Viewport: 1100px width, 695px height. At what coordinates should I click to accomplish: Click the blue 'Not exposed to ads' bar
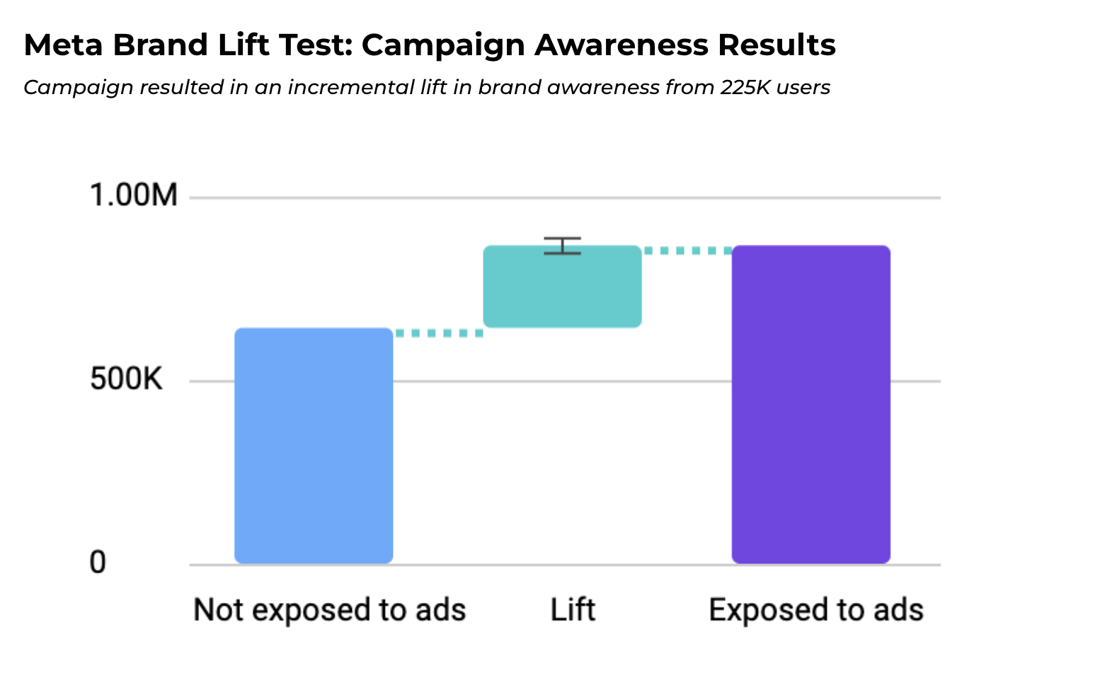(314, 445)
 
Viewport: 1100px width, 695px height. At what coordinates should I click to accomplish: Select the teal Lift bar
(562, 287)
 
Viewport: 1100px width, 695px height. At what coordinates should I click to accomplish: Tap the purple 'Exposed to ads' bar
(810, 404)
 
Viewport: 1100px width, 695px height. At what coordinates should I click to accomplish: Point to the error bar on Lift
(563, 246)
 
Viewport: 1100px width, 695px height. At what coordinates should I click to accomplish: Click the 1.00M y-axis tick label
(134, 195)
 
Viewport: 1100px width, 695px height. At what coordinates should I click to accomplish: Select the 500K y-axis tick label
(126, 379)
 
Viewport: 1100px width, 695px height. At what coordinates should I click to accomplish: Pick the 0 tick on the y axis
(98, 563)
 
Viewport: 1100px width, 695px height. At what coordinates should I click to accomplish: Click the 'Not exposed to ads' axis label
(329, 610)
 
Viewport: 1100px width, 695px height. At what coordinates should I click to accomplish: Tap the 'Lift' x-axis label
(573, 610)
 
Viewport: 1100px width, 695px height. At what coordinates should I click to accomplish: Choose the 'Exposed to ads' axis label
(816, 610)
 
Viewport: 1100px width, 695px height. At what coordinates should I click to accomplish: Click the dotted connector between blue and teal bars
(439, 333)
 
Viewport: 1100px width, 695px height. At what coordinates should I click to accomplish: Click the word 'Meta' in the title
(64, 45)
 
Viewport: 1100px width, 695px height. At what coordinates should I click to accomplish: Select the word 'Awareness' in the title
(621, 45)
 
